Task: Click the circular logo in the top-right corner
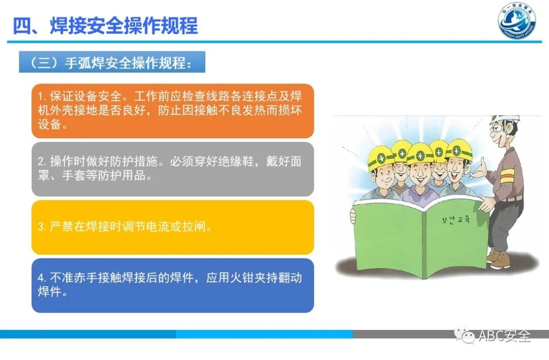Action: [x=516, y=21]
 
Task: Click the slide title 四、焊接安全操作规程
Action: [x=105, y=25]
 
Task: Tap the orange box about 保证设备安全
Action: [x=172, y=111]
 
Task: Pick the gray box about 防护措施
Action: [x=172, y=169]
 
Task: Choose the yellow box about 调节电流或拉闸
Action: [x=172, y=227]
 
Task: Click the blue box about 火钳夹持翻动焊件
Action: [x=172, y=285]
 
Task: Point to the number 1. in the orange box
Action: [x=42, y=97]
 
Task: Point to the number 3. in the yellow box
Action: [x=42, y=227]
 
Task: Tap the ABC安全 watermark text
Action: [x=504, y=336]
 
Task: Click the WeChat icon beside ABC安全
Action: [x=465, y=336]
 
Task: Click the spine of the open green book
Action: [x=423, y=239]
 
